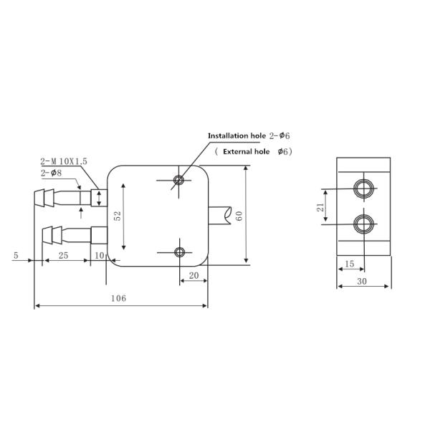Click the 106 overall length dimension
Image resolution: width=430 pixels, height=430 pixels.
[120, 298]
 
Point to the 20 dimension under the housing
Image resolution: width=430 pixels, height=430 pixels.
[193, 275]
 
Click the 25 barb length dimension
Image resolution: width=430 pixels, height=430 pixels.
[62, 255]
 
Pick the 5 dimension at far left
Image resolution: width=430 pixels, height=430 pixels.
[15, 255]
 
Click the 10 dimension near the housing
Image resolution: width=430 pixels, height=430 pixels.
[100, 255]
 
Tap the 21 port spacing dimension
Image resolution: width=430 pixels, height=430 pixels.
[321, 208]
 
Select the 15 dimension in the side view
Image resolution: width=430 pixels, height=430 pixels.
[349, 264]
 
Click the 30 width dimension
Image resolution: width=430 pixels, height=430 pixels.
[363, 282]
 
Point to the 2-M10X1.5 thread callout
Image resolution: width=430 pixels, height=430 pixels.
[64, 162]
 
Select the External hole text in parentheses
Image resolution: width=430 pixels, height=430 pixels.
[246, 152]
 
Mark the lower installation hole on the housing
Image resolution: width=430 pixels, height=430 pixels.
[179, 252]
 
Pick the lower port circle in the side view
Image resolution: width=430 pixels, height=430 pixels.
[364, 224]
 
